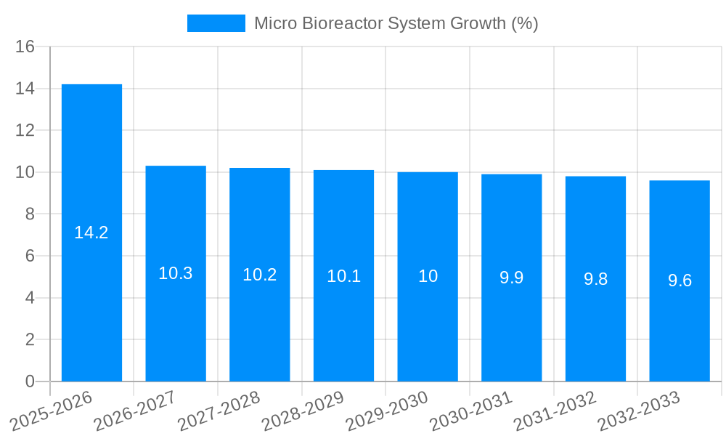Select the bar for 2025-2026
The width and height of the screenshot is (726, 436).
[x=91, y=233]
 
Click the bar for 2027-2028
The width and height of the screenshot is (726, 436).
[x=260, y=275]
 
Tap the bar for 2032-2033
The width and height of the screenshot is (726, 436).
[x=680, y=280]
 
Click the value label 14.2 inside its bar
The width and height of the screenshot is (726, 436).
[x=91, y=233]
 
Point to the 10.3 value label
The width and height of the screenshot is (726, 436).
[x=176, y=273]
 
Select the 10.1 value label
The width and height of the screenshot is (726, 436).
[x=343, y=276]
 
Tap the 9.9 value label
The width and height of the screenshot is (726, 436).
[x=512, y=277]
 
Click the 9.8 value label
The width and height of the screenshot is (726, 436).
[x=595, y=279]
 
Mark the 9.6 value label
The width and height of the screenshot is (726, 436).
[x=680, y=280]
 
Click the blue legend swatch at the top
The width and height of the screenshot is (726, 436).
[x=216, y=23]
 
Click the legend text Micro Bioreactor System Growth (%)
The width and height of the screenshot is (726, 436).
[x=396, y=23]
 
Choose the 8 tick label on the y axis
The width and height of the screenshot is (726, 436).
[x=30, y=214]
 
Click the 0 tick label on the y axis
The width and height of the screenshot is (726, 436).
[x=30, y=381]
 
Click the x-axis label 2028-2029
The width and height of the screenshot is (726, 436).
[x=302, y=411]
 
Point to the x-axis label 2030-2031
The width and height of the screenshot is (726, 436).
[x=470, y=411]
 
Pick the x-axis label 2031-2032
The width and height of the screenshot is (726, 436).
[x=554, y=411]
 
